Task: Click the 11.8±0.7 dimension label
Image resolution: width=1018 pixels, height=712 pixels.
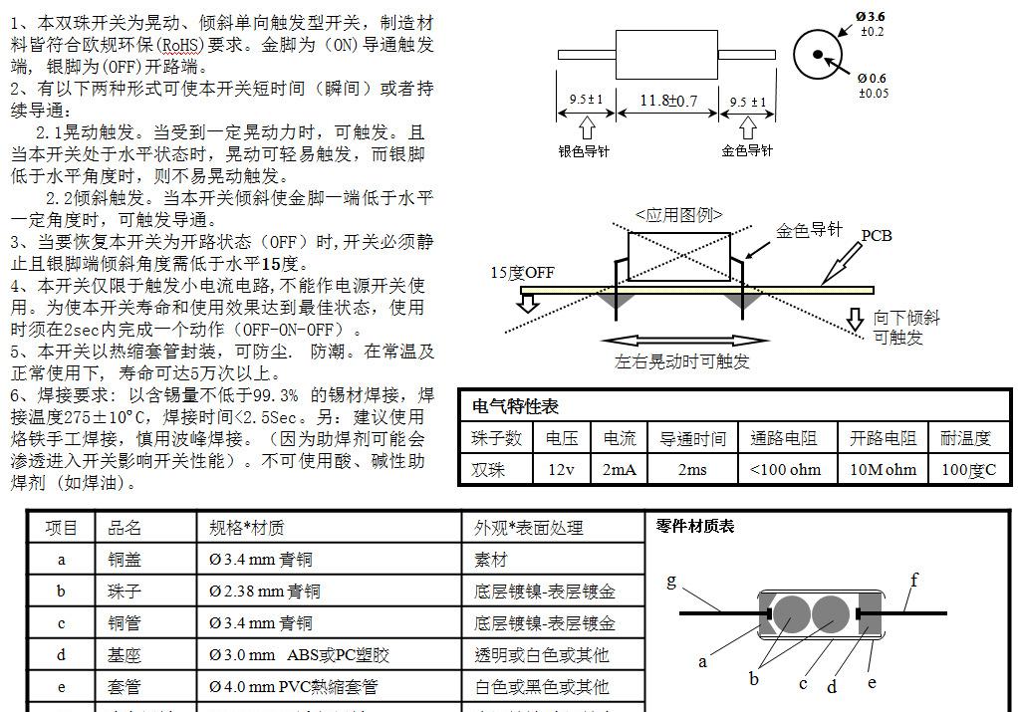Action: [x=668, y=102]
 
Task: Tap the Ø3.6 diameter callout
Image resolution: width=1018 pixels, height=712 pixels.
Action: [x=870, y=16]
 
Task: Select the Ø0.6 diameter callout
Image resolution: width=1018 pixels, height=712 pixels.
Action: [x=872, y=79]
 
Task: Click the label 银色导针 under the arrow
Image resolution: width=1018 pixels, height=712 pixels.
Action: [x=584, y=151]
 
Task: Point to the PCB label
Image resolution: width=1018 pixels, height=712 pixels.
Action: [x=877, y=236]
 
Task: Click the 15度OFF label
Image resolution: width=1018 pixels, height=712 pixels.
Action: [x=522, y=273]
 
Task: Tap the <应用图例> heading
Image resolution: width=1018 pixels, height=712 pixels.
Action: [x=679, y=214]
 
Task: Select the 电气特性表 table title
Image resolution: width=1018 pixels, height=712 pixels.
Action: [x=515, y=406]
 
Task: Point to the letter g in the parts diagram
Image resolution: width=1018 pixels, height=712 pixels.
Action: [x=671, y=581]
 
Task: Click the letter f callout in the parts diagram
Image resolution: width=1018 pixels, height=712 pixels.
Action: [x=914, y=580]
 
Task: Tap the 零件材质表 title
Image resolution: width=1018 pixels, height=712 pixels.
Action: [x=694, y=526]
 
